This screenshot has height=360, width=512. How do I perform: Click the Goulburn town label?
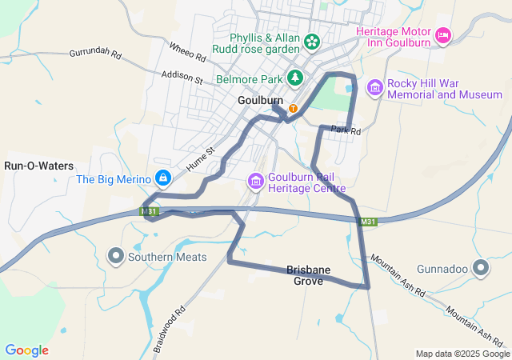pos(261,100)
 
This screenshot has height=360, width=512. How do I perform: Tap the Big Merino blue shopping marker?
pos(162,178)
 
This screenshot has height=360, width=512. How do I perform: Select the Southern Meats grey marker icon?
pos(116,257)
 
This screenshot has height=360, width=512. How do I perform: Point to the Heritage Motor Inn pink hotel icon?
pos(443,36)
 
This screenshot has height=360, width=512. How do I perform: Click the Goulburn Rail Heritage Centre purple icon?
pos(255,182)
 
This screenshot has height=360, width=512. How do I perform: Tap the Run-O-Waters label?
pos(38,166)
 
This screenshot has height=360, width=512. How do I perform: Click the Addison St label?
pos(182,78)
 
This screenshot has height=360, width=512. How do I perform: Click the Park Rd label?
pos(346,130)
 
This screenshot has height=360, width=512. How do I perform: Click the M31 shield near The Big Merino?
pos(148,212)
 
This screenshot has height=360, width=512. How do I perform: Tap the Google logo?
pos(26,350)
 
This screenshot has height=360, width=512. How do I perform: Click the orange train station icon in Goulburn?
pos(294,108)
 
